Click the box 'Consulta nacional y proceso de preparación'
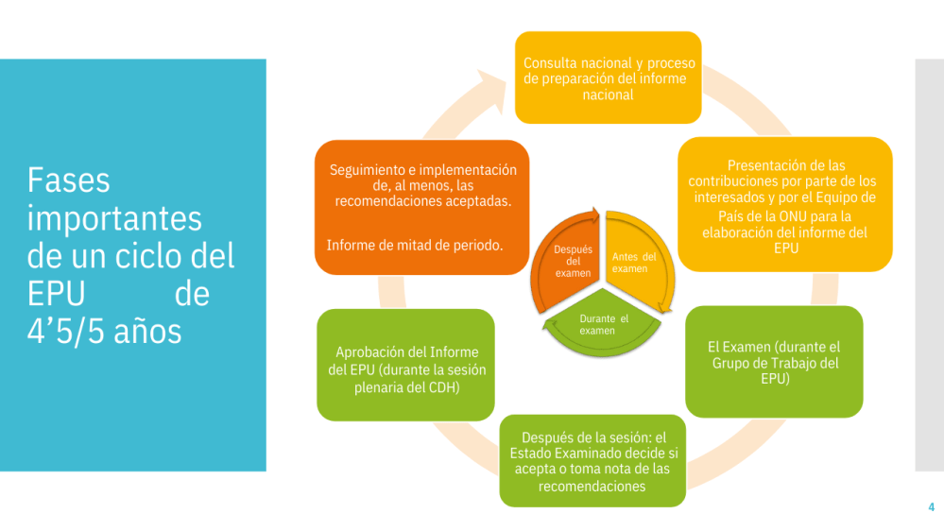608,77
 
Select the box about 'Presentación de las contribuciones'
784,204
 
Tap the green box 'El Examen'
773,362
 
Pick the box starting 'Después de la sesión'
592,461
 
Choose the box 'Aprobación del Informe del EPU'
405,365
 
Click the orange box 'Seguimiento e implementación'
422,207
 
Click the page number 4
931,507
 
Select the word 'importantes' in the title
114,217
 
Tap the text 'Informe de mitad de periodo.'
415,245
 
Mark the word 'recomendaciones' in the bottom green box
592,487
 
